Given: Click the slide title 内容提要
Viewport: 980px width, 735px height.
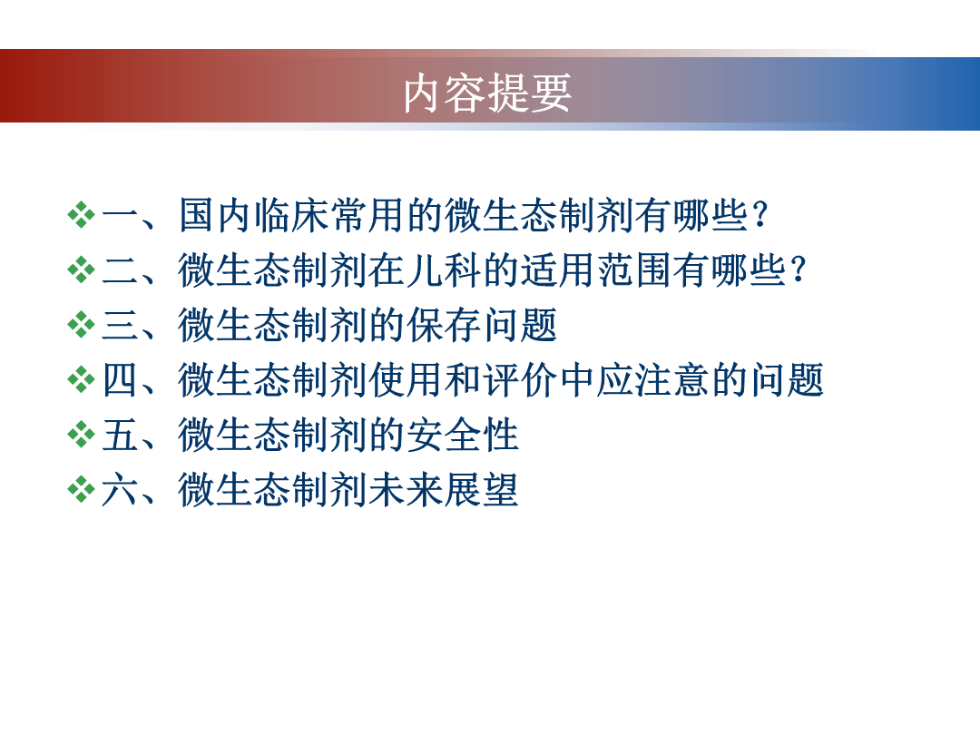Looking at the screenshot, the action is (x=487, y=93).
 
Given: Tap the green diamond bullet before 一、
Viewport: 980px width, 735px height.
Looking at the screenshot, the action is (x=82, y=215).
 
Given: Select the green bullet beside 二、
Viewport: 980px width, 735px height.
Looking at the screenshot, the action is (x=82, y=270).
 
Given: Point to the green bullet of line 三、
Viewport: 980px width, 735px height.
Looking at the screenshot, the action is (x=82, y=325).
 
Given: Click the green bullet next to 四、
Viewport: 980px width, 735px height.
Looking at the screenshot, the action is (x=82, y=380).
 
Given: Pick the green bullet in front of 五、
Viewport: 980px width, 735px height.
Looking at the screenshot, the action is (x=82, y=435).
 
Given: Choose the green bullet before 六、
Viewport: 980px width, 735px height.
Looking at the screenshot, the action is (x=82, y=489).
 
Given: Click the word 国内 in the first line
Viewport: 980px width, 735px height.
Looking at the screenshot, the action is (x=216, y=215).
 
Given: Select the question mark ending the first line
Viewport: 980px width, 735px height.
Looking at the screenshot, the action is (x=761, y=215).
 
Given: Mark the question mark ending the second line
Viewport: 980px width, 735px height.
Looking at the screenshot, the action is (x=799, y=270).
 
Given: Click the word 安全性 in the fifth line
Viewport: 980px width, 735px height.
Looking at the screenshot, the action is (x=463, y=435).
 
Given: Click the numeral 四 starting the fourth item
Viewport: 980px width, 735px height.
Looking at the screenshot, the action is (x=120, y=380).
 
